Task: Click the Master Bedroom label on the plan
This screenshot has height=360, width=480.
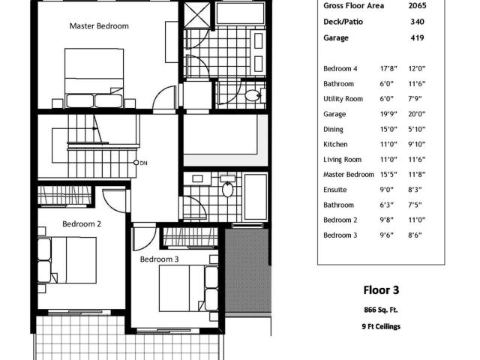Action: tap(99, 26)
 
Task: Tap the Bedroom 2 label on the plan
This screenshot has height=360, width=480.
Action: tap(82, 223)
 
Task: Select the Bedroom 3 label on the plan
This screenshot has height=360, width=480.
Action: tap(159, 259)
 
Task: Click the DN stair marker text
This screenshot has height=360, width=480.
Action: tap(143, 163)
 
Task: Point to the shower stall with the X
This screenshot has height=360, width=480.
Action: tap(197, 15)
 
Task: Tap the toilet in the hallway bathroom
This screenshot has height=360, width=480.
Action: tap(227, 189)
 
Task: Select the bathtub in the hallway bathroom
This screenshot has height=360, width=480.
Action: tap(256, 196)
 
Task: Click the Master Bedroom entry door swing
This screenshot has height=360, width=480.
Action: tap(164, 97)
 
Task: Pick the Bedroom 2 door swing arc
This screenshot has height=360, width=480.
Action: tap(114, 200)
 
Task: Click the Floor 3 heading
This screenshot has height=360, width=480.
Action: tap(381, 290)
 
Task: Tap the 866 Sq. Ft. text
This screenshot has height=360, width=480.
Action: tap(381, 310)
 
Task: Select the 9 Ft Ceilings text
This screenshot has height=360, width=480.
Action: tap(381, 326)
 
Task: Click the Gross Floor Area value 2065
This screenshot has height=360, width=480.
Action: tap(417, 5)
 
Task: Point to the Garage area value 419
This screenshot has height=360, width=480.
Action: tap(417, 38)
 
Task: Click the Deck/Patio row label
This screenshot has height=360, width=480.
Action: tap(343, 22)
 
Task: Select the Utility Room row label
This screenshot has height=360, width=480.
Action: tap(343, 99)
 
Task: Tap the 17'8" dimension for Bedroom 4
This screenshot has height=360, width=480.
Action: tap(388, 68)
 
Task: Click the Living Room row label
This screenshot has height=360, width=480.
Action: tap(342, 160)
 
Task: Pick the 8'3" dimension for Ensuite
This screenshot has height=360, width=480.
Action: tap(415, 190)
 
